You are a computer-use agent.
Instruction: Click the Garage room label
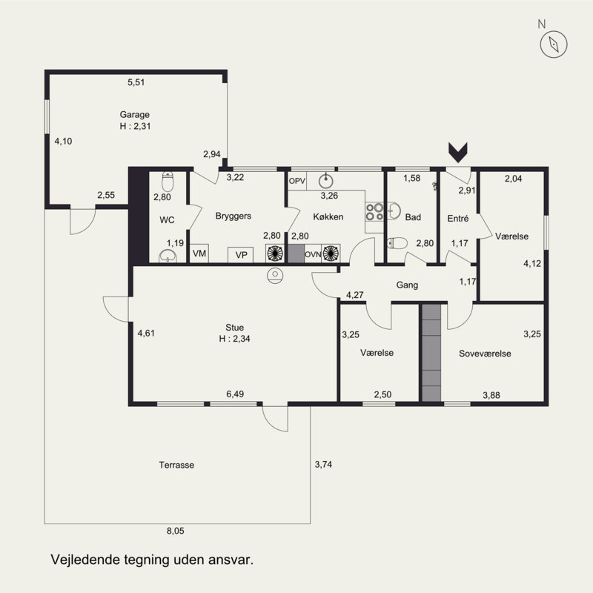point(135,114)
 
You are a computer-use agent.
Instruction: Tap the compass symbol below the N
point(554,44)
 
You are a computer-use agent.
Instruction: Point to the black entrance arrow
point(458,153)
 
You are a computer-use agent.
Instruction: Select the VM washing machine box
point(199,254)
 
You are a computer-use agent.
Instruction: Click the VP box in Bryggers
point(240,255)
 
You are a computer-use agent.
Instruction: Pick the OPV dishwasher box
point(297,181)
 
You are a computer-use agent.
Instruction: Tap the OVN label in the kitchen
point(313,254)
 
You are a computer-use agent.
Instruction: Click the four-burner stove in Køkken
point(374,212)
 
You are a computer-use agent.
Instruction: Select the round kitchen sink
point(325,181)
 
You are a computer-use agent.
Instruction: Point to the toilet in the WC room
point(168,182)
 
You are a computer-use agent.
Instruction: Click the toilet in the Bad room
point(397,243)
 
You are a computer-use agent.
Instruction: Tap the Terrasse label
point(176,465)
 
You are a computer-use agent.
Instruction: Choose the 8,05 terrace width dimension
point(176,531)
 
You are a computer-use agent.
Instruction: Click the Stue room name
point(234,328)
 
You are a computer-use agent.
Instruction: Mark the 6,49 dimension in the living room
point(235,394)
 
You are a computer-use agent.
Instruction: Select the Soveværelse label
point(485,354)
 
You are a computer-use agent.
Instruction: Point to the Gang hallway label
point(407,285)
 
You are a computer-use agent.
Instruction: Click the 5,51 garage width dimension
point(136,82)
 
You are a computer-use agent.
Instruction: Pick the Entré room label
point(457,218)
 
